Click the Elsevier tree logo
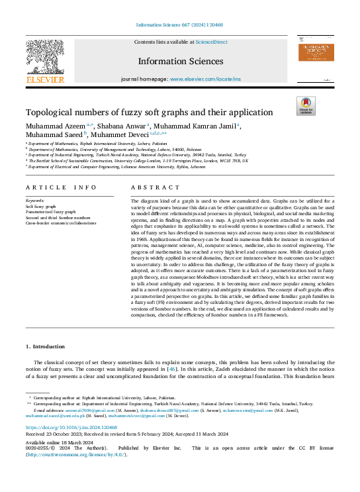point(44,58)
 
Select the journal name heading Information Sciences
point(180,62)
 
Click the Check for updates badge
point(305,106)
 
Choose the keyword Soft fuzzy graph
point(40,206)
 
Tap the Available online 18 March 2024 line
point(56,441)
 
